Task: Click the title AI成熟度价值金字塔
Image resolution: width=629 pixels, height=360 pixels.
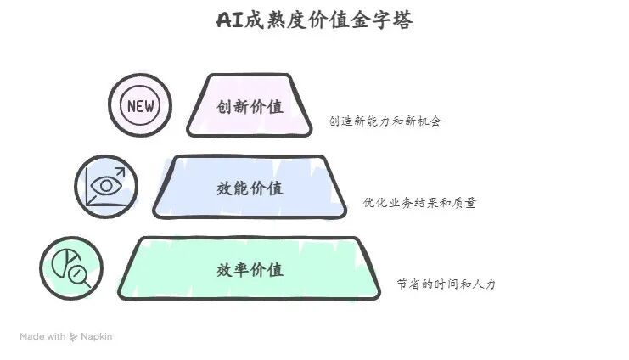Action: [314, 20]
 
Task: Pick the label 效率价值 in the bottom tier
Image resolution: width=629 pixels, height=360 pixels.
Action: [250, 270]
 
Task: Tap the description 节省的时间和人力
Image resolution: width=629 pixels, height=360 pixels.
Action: [446, 284]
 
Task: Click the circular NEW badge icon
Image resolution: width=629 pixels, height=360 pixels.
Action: [139, 105]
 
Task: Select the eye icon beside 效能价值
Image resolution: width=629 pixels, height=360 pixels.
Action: [105, 186]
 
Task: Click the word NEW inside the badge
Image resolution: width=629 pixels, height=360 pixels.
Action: [139, 106]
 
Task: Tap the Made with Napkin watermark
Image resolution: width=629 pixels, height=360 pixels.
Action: [65, 336]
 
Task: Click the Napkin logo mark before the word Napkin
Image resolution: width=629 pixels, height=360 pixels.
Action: [74, 336]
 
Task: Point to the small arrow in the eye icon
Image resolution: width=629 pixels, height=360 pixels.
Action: [119, 172]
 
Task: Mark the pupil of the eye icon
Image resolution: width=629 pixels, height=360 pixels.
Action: [105, 185]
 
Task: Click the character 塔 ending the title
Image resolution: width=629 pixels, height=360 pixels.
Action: [403, 20]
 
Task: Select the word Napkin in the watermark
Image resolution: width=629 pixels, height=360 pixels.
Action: [96, 336]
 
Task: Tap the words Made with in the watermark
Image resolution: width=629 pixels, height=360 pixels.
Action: [42, 336]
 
